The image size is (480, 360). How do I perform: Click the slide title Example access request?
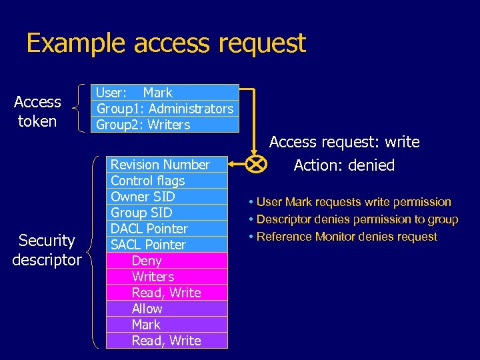(x=165, y=43)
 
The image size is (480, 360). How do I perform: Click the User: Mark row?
(x=165, y=93)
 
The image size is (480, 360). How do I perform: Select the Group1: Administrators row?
(x=165, y=109)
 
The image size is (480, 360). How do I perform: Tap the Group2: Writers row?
(x=165, y=125)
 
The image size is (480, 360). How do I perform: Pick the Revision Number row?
(x=167, y=165)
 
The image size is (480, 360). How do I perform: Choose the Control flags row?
(x=167, y=181)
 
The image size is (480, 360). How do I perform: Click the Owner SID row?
(x=167, y=197)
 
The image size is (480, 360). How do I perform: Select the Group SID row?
(x=167, y=213)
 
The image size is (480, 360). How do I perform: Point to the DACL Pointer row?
(x=167, y=229)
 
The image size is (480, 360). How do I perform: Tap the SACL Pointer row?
(x=167, y=245)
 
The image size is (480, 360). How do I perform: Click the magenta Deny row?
(x=167, y=261)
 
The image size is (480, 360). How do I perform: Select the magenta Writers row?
(x=167, y=277)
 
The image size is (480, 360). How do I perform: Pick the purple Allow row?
(x=167, y=309)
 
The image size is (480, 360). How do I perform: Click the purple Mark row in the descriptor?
(x=167, y=325)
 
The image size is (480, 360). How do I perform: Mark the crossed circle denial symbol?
(x=256, y=164)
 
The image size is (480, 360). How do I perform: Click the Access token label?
(x=37, y=111)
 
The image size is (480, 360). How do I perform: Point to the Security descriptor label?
(x=47, y=250)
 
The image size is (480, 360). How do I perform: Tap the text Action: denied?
(x=344, y=165)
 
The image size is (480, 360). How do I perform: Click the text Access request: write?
(x=344, y=142)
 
